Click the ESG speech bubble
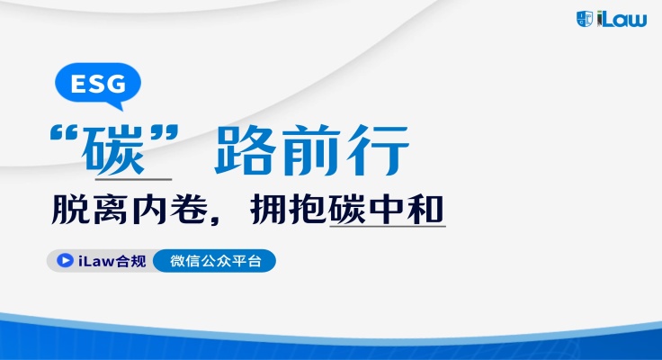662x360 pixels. click(98, 85)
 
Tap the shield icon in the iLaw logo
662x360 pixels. click(585, 19)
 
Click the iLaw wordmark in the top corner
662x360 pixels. click(622, 20)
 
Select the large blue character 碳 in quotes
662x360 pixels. click(112, 150)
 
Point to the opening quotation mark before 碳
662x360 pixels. click(64, 132)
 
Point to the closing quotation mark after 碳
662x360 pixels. click(165, 132)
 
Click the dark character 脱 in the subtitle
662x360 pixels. click(70, 210)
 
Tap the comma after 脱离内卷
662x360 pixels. click(217, 220)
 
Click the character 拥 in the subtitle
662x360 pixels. click(269, 210)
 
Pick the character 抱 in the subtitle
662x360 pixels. click(308, 210)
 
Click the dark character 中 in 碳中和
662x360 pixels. click(386, 210)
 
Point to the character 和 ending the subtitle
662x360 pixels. click(425, 210)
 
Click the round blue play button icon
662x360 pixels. click(65, 260)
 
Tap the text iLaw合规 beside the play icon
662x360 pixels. click(112, 261)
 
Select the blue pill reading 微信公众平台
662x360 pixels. click(214, 261)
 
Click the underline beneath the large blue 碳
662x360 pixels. click(133, 179)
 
